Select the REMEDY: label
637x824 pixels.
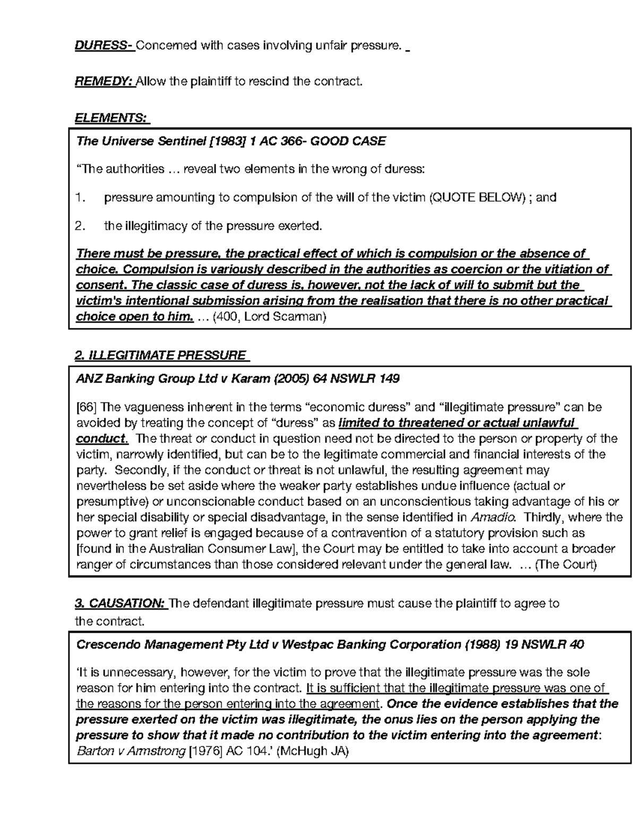(x=104, y=82)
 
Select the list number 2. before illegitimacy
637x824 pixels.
(x=81, y=227)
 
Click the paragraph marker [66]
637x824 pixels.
(x=87, y=407)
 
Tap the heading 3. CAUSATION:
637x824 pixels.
(x=120, y=603)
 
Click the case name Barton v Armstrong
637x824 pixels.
(x=131, y=751)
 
